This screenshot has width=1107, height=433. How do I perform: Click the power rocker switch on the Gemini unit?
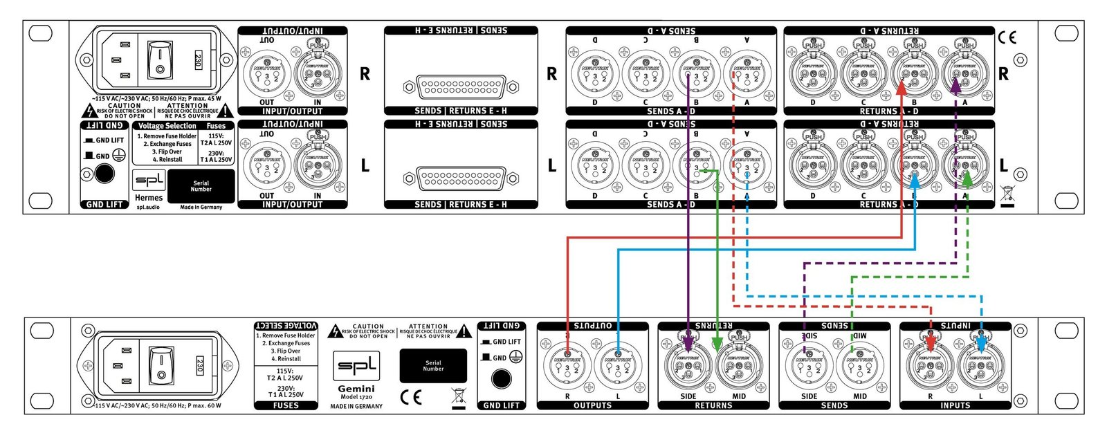pos(161,367)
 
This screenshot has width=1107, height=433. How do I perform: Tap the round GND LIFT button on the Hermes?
pos(104,174)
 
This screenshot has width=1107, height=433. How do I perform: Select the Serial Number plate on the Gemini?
pos(433,365)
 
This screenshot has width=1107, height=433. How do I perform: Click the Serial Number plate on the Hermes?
pos(201,186)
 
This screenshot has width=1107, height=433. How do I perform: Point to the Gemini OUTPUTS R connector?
pos(567,366)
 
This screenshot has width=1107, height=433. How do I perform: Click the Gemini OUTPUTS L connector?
pos(617,366)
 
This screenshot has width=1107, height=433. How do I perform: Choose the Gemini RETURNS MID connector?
pos(738,365)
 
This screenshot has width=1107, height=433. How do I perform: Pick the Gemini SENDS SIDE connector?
pos(809,366)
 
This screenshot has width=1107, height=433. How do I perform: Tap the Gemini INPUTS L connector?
pos(980,366)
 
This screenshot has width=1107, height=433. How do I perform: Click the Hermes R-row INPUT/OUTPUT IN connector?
pos(318,73)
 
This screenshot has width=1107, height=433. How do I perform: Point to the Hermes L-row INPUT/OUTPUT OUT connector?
pos(267,166)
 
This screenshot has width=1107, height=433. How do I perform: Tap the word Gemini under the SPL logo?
pos(356,389)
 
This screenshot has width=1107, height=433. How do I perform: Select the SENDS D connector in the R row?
pos(595,73)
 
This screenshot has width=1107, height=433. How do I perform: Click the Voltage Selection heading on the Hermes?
pos(167,126)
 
